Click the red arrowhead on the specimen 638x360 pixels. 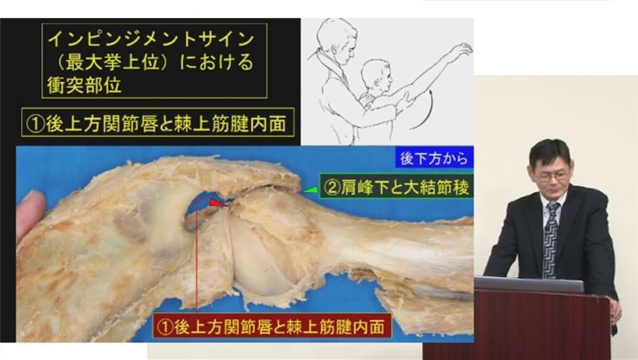218,202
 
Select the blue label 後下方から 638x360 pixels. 434,158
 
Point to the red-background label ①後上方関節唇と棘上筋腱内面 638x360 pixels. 272,326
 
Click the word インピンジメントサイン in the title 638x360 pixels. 151,39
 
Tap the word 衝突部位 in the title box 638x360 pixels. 84,85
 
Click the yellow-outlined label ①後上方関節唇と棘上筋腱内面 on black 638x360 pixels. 158,123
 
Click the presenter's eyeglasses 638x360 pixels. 551,176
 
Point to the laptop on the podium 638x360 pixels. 529,285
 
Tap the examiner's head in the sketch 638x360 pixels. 338,39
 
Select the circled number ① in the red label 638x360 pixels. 165,326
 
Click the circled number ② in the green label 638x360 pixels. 332,187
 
